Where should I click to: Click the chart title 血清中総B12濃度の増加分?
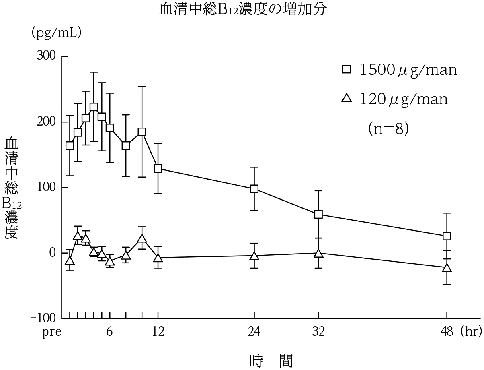[242, 10]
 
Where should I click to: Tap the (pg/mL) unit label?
[57, 33]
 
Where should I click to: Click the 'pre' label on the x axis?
[52, 333]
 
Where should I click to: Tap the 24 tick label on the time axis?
[254, 332]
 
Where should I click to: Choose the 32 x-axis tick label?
[318, 332]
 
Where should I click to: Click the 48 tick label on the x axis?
[447, 332]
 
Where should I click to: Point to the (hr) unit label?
[471, 332]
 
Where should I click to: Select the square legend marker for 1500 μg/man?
[347, 70]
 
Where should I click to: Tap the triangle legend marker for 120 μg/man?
[347, 98]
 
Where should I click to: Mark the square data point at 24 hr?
[254, 189]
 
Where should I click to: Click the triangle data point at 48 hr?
[447, 268]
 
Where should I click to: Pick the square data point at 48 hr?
[447, 236]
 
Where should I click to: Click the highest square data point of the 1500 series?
[94, 107]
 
